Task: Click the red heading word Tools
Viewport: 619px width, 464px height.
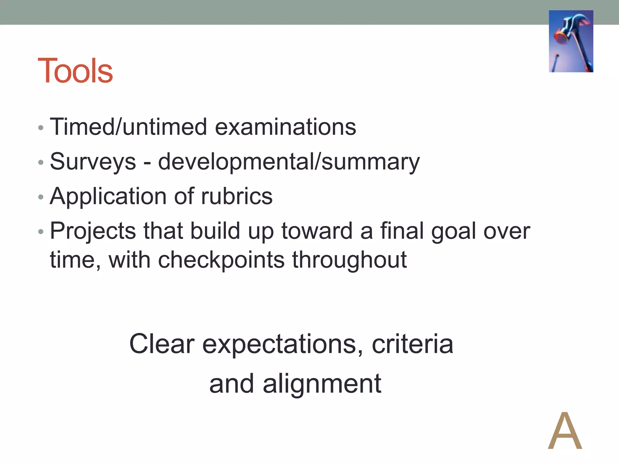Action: [x=75, y=71]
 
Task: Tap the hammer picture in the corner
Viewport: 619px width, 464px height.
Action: [x=571, y=41]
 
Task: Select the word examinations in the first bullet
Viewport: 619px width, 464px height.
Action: [x=285, y=127]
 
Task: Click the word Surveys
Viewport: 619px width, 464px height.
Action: [x=93, y=162]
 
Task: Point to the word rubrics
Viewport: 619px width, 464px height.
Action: [x=237, y=196]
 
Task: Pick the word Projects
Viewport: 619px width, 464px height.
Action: [x=93, y=231]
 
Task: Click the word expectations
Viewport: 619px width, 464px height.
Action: [x=282, y=344]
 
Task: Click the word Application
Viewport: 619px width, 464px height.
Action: [x=108, y=196]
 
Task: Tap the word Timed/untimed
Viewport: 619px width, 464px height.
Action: [x=128, y=127]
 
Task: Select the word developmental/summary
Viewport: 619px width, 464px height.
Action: [x=289, y=162]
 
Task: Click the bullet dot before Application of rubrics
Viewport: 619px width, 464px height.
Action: [x=41, y=198]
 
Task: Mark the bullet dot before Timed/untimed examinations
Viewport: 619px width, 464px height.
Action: [x=41, y=128]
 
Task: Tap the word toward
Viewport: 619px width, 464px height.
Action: [x=317, y=231]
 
